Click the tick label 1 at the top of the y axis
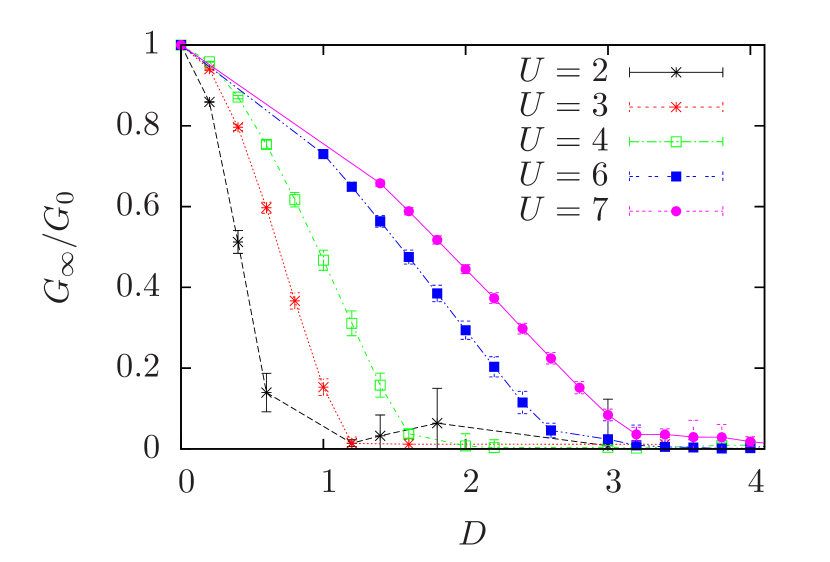151,43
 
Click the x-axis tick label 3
613,482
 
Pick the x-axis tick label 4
756,482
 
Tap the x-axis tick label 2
471,482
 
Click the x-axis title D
472,533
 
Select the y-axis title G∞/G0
58,245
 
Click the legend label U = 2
563,71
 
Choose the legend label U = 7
563,211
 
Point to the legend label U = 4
563,141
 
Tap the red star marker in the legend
675,106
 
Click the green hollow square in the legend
675,142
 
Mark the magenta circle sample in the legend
675,211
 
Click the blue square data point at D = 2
465,330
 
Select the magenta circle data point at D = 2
465,270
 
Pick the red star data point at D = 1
323,386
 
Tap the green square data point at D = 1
323,260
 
